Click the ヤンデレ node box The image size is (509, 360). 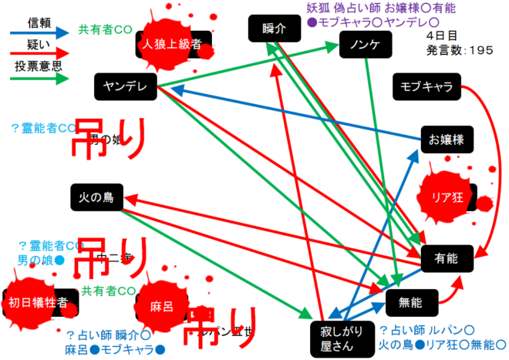[126, 86]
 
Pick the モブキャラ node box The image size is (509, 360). [426, 86]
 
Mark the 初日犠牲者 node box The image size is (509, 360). [43, 301]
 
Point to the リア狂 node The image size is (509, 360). [451, 195]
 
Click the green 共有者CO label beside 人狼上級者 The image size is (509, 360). [105, 30]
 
